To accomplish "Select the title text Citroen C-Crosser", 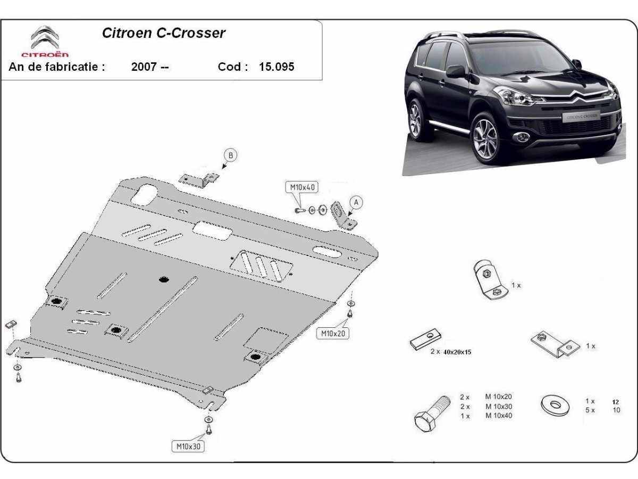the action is tap(164, 33).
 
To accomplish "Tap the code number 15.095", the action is tap(276, 67).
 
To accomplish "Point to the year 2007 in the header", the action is tap(144, 67).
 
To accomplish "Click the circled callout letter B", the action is tap(231, 155).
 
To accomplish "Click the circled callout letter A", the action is tap(356, 202).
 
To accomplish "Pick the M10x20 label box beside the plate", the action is tap(333, 333).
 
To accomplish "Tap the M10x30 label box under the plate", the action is tap(188, 447).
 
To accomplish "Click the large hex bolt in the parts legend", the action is tap(431, 414).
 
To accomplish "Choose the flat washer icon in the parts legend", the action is tap(555, 406).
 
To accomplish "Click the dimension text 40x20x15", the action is tap(457, 352).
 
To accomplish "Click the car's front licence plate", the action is tap(581, 117).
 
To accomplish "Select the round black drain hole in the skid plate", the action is tap(164, 279).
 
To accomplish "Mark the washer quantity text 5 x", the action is tap(590, 410).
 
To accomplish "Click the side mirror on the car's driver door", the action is tap(456, 71).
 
